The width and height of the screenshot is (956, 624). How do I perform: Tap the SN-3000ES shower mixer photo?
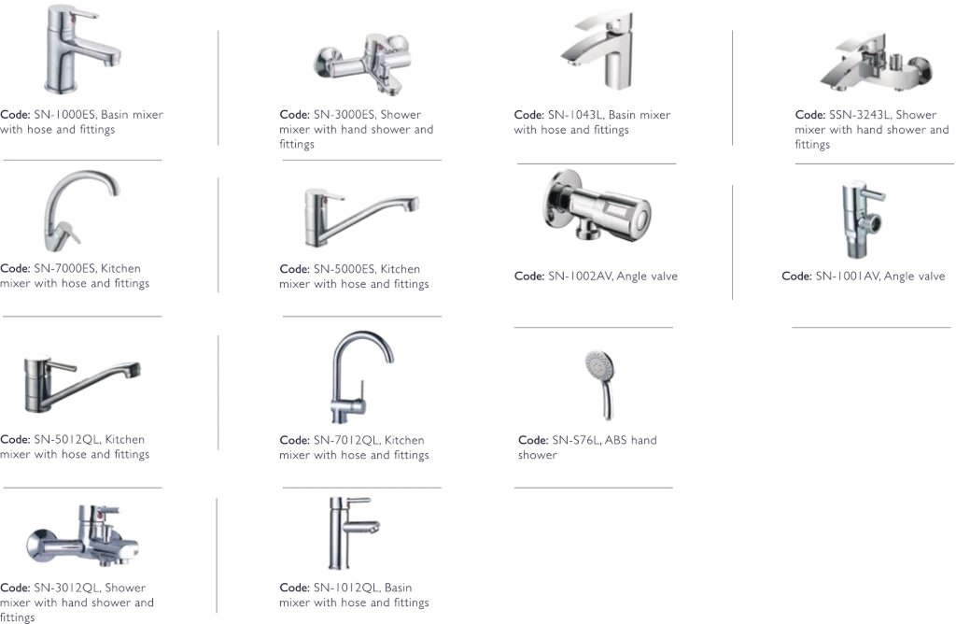coord(363,64)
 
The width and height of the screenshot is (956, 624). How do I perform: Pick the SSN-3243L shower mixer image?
coord(876,64)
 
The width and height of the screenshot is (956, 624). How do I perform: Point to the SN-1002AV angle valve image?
coord(596,207)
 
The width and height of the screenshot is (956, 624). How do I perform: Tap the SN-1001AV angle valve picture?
coord(863,219)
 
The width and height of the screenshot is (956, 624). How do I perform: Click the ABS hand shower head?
coord(601,381)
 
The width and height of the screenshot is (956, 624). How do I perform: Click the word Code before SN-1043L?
coord(529,115)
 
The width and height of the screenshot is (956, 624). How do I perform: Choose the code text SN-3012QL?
coord(66,588)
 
